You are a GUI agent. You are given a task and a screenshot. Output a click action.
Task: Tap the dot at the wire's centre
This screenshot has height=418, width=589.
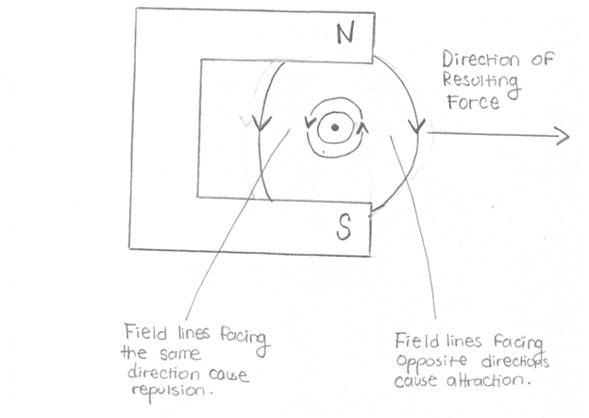pyautogui.click(x=332, y=128)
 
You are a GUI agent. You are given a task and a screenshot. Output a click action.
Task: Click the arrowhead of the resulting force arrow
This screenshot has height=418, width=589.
pyautogui.click(x=563, y=137)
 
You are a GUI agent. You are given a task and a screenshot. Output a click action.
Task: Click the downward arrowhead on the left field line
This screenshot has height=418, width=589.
pyautogui.click(x=270, y=122)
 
